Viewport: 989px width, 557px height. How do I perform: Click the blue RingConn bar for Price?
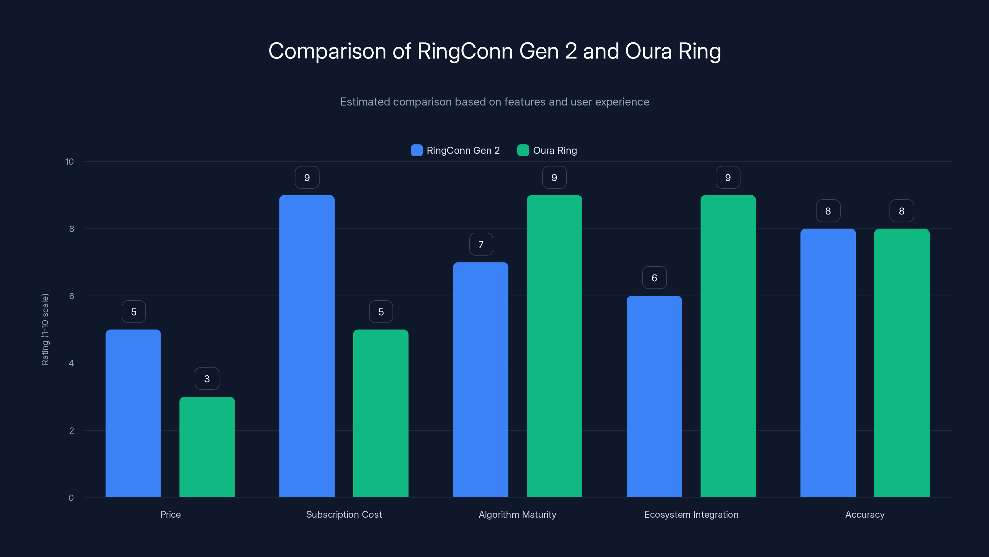tap(133, 413)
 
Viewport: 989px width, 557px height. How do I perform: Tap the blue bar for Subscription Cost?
tap(307, 346)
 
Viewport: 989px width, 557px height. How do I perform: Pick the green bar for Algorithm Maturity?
tap(554, 346)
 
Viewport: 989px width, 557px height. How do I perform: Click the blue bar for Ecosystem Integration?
tap(654, 396)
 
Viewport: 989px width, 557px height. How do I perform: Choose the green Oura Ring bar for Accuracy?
tap(902, 363)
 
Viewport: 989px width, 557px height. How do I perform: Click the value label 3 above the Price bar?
tap(207, 379)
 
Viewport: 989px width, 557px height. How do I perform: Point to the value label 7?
tap(481, 244)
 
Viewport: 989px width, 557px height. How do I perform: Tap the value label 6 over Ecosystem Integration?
tap(654, 278)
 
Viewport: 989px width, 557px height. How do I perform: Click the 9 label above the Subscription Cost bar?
tap(307, 178)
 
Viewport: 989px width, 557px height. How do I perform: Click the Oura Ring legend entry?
tap(547, 150)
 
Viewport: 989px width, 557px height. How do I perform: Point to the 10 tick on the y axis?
tap(70, 162)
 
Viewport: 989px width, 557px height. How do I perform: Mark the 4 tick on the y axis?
tap(71, 363)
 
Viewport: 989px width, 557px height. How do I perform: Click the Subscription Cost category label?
tap(344, 514)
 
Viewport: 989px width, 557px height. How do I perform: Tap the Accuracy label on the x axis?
tap(865, 514)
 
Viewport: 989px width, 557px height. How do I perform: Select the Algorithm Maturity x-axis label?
tap(517, 514)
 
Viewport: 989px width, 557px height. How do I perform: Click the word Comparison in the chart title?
tap(327, 51)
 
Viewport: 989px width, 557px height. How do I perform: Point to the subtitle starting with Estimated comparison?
tap(494, 102)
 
